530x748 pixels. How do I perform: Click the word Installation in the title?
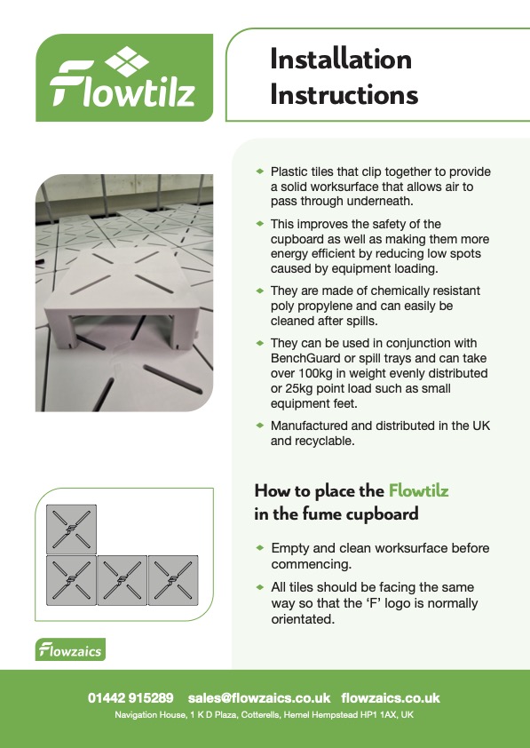point(341,60)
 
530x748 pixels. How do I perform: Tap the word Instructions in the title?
point(344,93)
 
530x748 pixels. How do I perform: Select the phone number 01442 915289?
point(131,698)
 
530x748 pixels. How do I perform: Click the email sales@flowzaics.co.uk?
point(259,698)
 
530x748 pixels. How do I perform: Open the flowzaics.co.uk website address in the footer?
point(391,698)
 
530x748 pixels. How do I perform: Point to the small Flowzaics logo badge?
point(70,650)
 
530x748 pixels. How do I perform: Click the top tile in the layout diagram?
point(71,530)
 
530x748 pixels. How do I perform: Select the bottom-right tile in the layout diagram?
point(172,581)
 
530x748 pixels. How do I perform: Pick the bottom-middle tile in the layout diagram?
point(122,581)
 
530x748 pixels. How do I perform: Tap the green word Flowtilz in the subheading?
point(424,490)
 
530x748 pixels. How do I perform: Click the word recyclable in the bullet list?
point(329,441)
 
